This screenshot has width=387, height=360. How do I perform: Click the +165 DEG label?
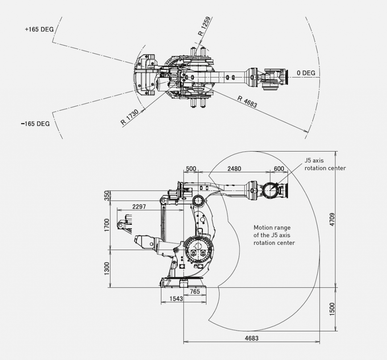coord(39,29)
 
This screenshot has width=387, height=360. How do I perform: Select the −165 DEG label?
coord(36,124)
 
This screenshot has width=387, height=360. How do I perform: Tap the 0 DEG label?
coord(306,73)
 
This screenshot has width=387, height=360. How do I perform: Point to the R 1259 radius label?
coord(204,26)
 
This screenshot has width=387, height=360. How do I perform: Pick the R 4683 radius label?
coord(247,102)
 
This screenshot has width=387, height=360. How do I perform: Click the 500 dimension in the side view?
coord(191,169)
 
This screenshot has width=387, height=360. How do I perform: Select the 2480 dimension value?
coord(234,169)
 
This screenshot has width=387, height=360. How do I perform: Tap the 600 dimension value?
coord(279,169)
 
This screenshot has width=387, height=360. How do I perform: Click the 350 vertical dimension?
coord(107,195)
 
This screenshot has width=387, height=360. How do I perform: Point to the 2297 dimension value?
coord(139,207)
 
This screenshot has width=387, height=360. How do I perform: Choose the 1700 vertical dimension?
coord(107,225)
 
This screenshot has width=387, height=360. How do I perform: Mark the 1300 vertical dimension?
coord(107,269)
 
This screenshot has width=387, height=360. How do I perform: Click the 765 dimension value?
coord(195,291)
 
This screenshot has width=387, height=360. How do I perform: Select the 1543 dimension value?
coord(176,299)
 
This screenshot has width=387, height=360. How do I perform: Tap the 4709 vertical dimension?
coord(332,219)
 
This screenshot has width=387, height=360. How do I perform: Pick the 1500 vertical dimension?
coord(332,309)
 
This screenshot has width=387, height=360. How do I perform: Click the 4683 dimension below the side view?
coord(251,338)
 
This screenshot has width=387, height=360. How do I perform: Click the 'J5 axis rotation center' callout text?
coord(325,164)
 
